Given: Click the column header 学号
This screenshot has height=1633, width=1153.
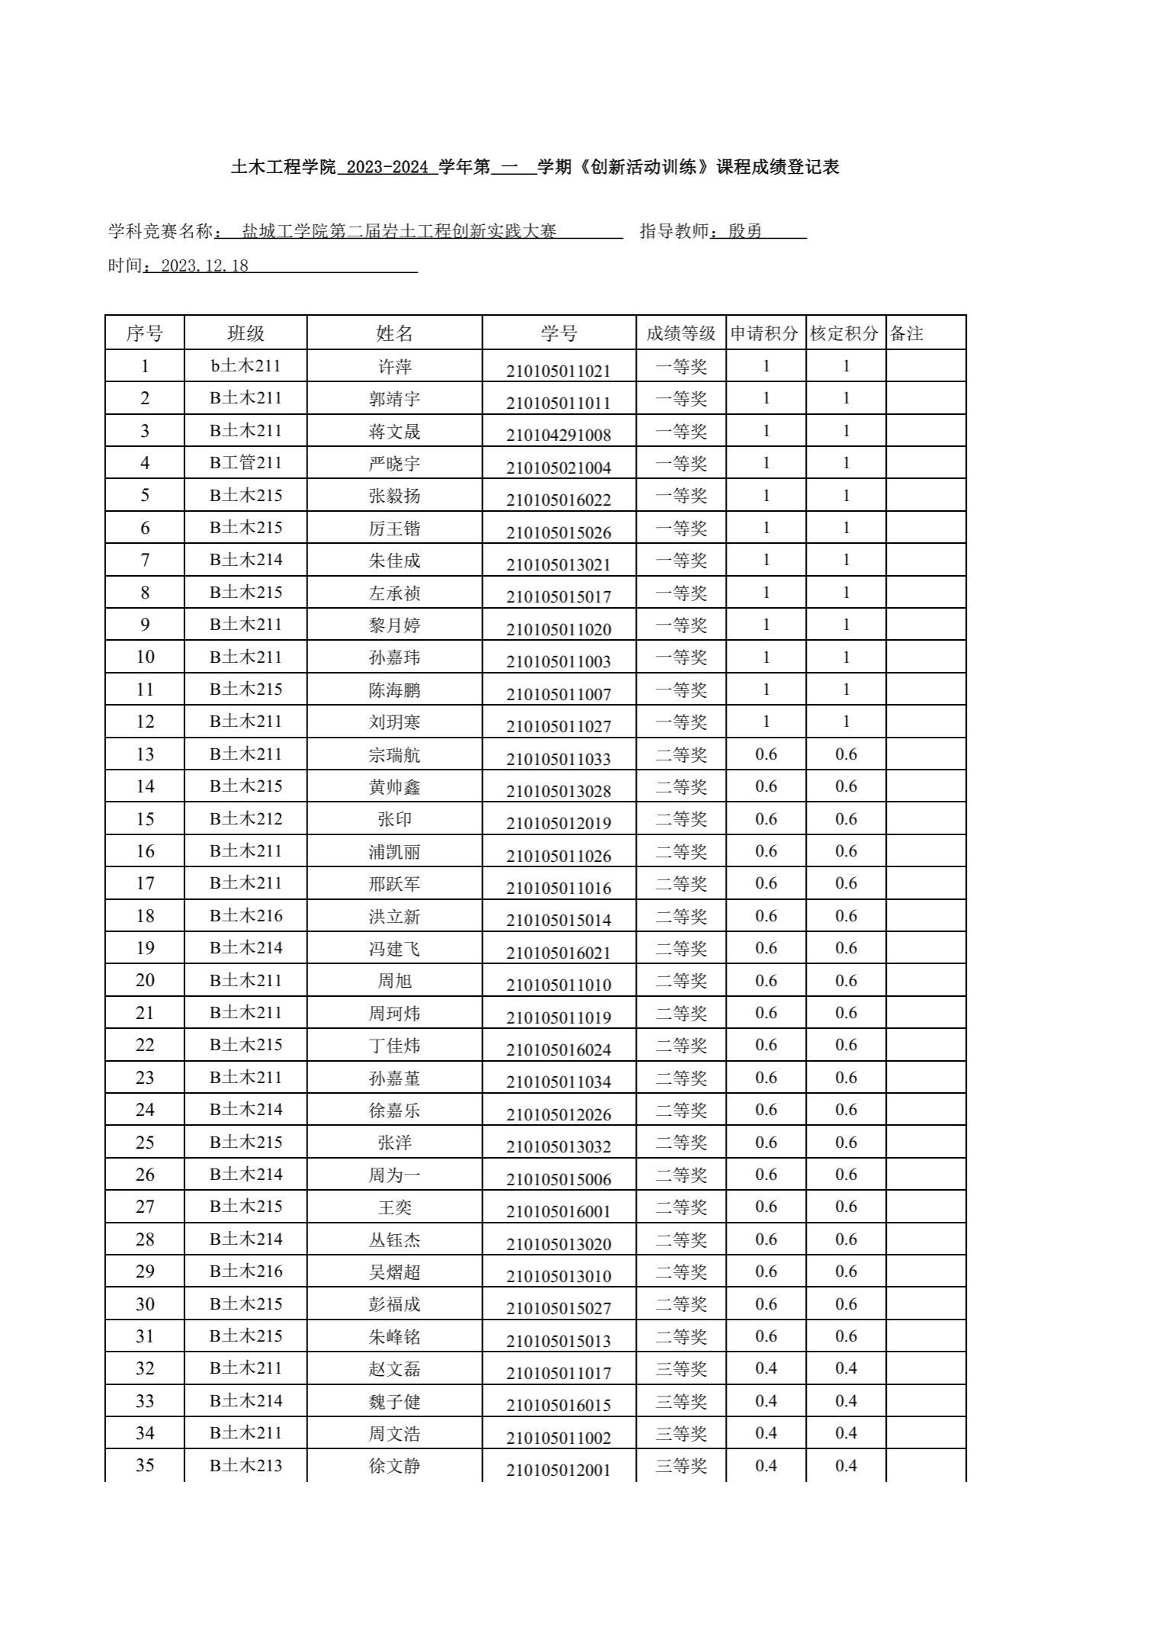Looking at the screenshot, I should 559,333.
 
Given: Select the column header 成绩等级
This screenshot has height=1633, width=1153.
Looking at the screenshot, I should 681,333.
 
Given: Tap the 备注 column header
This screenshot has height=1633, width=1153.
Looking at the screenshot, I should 907,333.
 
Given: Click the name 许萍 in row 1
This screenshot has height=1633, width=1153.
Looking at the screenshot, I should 395,367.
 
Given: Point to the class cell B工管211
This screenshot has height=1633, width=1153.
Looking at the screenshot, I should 246,463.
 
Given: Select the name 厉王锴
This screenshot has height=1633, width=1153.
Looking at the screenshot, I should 395,529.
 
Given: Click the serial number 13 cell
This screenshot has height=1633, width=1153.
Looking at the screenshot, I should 145,754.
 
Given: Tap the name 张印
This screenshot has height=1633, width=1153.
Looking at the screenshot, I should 395,819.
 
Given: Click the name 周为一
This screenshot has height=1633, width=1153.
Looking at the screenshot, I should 395,1175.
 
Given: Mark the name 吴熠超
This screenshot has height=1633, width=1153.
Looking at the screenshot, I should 395,1271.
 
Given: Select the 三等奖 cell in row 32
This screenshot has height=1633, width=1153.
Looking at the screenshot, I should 681,1368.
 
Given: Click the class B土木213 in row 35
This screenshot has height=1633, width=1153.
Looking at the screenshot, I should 246,1465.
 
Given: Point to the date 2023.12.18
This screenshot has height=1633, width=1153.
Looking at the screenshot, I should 205,266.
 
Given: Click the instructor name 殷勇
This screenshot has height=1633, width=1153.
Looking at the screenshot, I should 745,231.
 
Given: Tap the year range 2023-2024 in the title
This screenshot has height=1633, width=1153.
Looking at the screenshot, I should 387,167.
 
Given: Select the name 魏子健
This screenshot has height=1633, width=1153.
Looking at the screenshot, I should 395,1401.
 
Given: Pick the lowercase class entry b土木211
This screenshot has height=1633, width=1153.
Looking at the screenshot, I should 246,366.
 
